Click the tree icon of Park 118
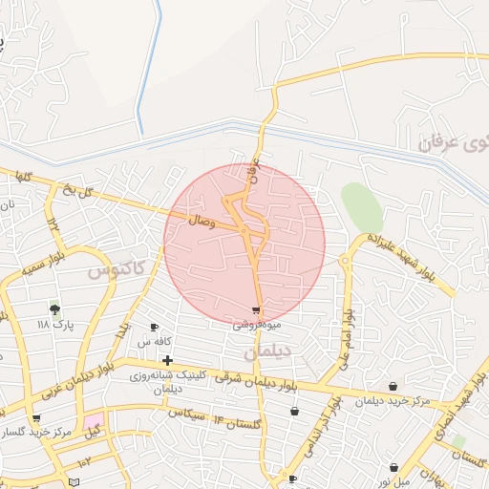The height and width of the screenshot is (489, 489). (54, 308)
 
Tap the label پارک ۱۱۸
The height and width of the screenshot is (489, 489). (54, 325)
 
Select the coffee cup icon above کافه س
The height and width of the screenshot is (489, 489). (155, 327)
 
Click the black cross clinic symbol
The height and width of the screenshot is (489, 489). (168, 360)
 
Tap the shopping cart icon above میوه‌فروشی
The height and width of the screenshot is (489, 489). (256, 309)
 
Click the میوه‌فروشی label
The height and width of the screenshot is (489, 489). (256, 325)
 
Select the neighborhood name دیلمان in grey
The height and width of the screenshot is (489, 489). (265, 352)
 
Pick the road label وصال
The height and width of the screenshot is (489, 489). (202, 222)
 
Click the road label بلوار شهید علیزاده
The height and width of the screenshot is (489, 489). (405, 255)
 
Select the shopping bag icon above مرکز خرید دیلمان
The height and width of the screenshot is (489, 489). (393, 387)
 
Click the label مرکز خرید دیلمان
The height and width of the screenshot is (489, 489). (393, 401)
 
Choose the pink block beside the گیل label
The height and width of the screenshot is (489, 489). (94, 421)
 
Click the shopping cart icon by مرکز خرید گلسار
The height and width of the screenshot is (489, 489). (36, 418)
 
